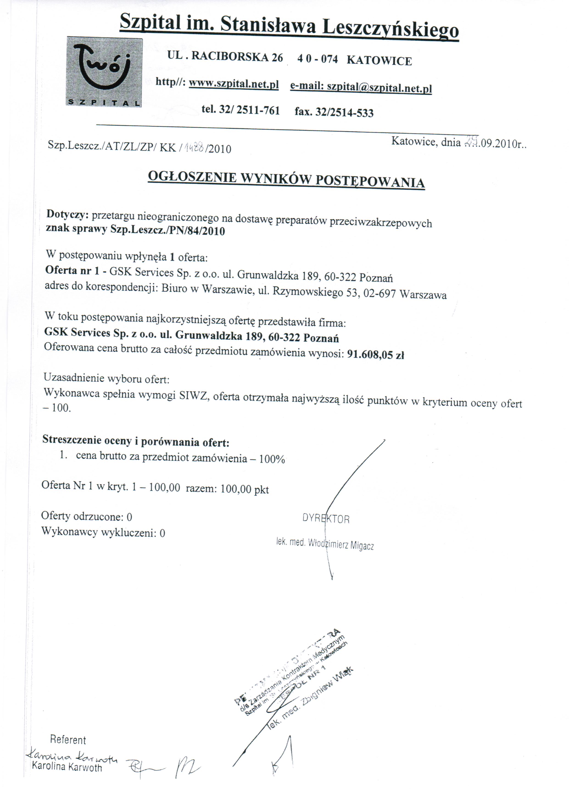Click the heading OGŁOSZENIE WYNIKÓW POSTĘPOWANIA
(286, 180)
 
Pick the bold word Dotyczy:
(66, 214)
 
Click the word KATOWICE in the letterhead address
(379, 61)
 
